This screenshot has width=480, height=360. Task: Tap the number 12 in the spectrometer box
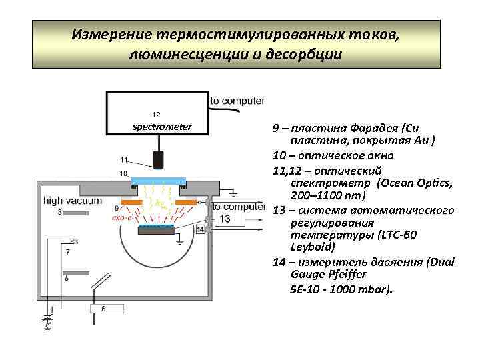(156, 114)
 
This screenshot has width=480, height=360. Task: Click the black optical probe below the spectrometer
(159, 159)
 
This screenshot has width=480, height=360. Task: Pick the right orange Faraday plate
(186, 202)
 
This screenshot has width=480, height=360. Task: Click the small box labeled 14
(200, 230)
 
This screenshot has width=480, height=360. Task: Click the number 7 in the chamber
(67, 252)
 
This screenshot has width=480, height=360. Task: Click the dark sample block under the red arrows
(157, 230)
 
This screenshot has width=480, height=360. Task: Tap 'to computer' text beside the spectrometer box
(237, 101)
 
